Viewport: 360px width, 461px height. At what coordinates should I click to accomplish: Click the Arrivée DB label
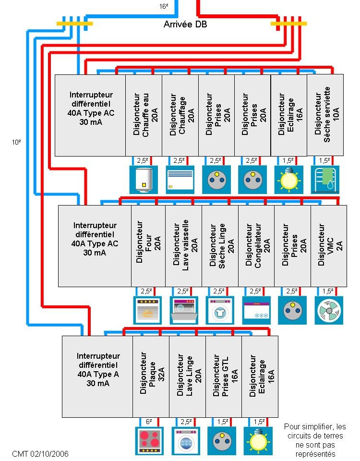click(x=185, y=24)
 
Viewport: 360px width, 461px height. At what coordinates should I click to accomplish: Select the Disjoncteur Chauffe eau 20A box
click(x=144, y=115)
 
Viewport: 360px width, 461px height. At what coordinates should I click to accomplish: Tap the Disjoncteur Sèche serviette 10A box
click(x=325, y=115)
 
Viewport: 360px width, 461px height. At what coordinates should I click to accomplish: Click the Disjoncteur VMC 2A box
click(x=328, y=246)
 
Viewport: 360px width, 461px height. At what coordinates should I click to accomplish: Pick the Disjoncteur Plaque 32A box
click(x=151, y=376)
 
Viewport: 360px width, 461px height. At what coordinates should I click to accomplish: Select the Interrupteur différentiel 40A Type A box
click(x=97, y=376)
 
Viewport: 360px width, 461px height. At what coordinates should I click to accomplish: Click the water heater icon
click(x=144, y=180)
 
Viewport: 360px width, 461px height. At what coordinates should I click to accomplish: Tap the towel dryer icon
click(x=325, y=180)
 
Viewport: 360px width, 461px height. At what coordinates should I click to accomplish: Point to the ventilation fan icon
click(x=329, y=311)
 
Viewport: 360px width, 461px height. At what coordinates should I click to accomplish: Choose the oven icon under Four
click(x=147, y=311)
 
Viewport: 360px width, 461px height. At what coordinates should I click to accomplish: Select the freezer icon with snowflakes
click(x=256, y=311)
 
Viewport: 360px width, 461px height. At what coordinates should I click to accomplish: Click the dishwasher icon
click(x=184, y=311)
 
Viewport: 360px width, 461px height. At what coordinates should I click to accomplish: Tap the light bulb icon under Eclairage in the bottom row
click(x=258, y=441)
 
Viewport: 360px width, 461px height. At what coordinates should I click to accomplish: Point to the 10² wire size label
click(x=16, y=142)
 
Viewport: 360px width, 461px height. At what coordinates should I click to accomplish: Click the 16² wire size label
click(x=164, y=6)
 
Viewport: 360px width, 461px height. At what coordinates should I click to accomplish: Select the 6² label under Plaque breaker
click(x=149, y=422)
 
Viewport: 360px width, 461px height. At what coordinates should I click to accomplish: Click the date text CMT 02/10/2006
click(x=40, y=454)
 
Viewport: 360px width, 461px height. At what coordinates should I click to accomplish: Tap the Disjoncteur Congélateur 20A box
click(x=256, y=246)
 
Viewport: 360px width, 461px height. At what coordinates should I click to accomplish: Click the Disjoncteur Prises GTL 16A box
click(x=224, y=376)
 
